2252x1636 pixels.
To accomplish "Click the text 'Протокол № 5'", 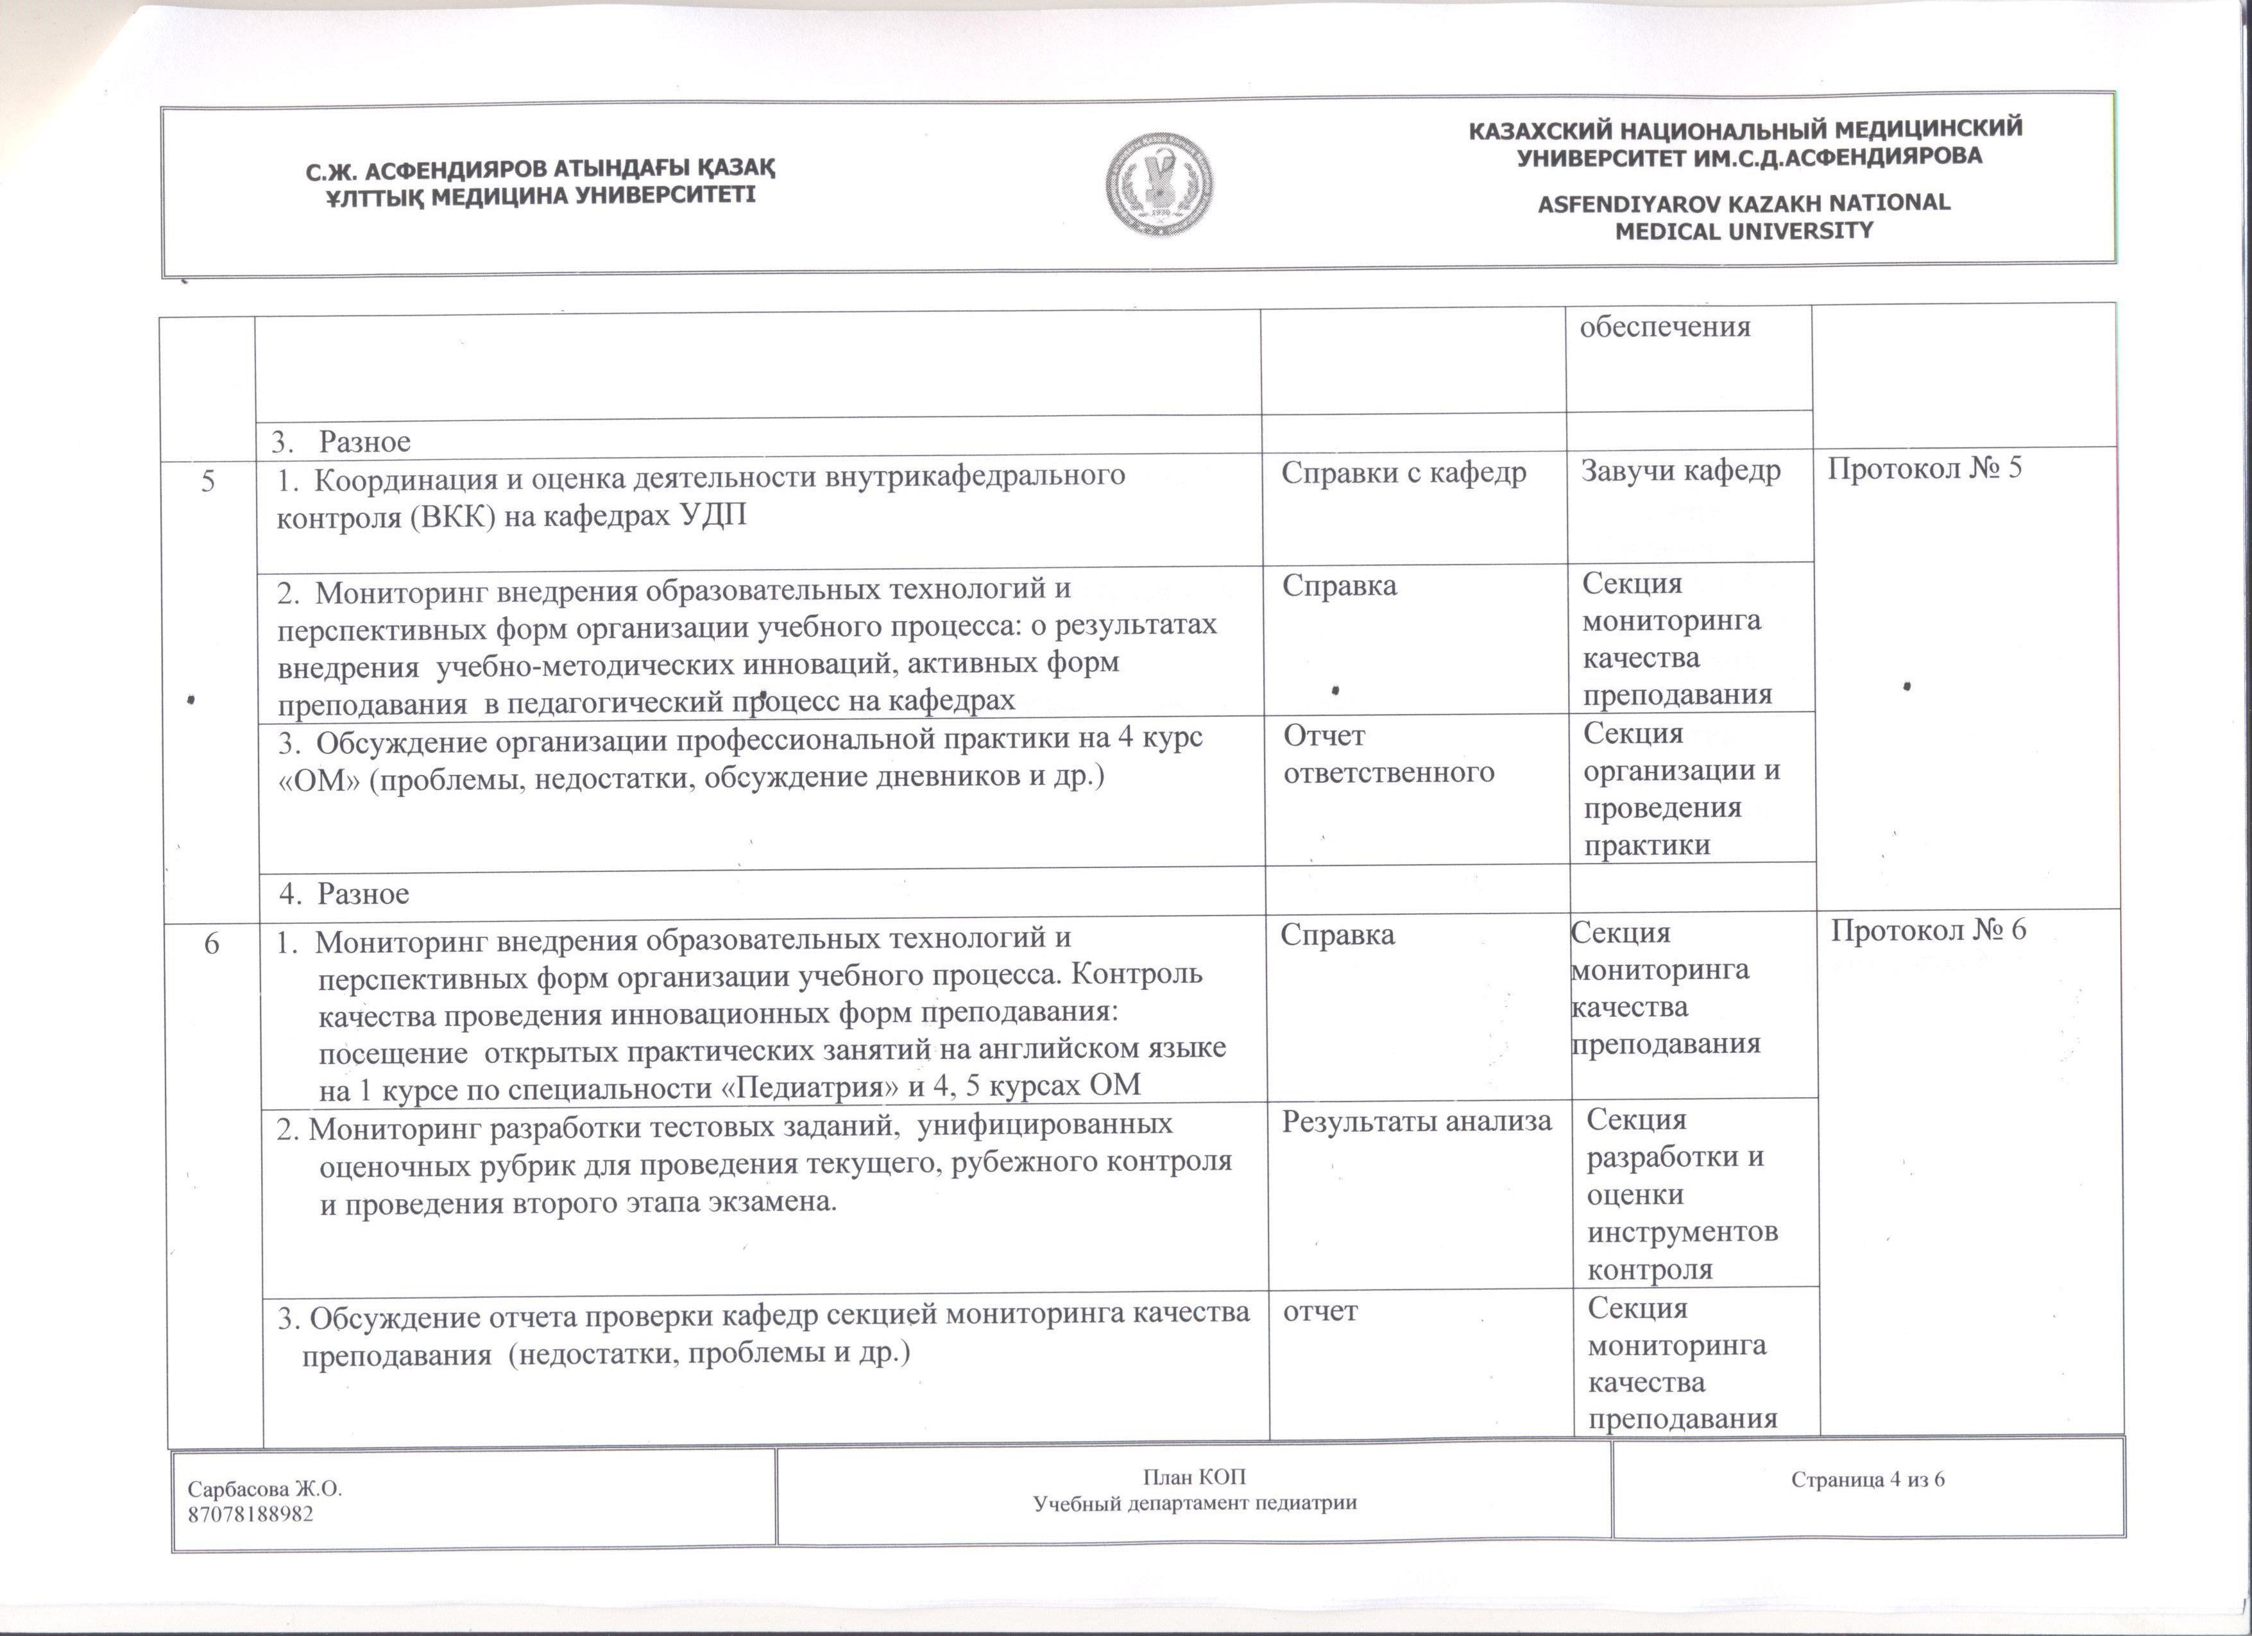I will (1924, 468).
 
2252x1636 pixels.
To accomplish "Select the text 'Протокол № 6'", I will (1928, 930).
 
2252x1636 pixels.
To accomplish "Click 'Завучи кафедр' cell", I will (1681, 470).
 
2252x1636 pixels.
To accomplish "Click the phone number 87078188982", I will (250, 1515).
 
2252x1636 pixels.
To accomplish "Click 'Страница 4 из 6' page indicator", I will (1868, 1480).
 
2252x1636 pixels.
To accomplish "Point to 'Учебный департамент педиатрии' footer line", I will (1195, 1503).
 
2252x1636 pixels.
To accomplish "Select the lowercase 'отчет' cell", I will (1320, 1311).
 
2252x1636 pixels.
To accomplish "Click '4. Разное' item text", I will (343, 894).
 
